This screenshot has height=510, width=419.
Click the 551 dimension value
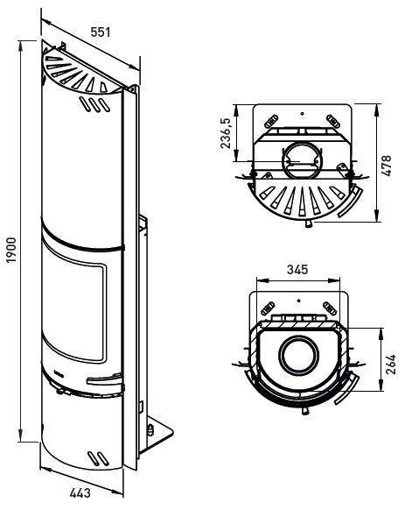coord(101,32)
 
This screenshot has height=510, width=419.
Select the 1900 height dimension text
coord(12,250)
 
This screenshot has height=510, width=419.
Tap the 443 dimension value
coord(80,492)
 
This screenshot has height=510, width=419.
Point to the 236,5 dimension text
coord(226,133)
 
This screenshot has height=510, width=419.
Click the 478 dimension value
coord(387,166)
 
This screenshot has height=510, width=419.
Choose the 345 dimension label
coord(297,269)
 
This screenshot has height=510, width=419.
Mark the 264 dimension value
coord(391,364)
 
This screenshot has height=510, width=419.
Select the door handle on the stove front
coord(104,379)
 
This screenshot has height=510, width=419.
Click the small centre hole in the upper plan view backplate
coord(302,114)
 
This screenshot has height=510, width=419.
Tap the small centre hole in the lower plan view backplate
coord(298,301)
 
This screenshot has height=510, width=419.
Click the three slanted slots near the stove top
coord(94,105)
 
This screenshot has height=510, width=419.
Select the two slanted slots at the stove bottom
coord(98,458)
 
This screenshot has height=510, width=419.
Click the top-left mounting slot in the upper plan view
coord(271,121)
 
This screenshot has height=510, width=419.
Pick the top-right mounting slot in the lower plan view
coord(330,308)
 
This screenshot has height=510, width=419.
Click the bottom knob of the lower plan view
coord(306,411)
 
